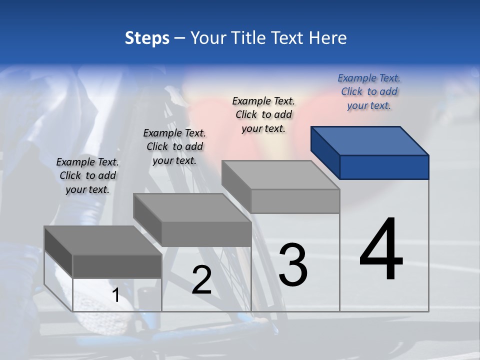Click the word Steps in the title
[146, 38]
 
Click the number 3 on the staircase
[293, 264]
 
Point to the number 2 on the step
[201, 280]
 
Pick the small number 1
[116, 295]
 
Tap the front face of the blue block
[384, 167]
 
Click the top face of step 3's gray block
[280, 175]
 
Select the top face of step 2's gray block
[192, 208]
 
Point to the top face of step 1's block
[103, 240]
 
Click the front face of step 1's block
[117, 266]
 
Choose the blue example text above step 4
[369, 91]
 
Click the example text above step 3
[263, 114]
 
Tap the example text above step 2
[174, 146]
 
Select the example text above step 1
[87, 175]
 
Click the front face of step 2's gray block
[206, 234]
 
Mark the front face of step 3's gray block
[295, 201]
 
